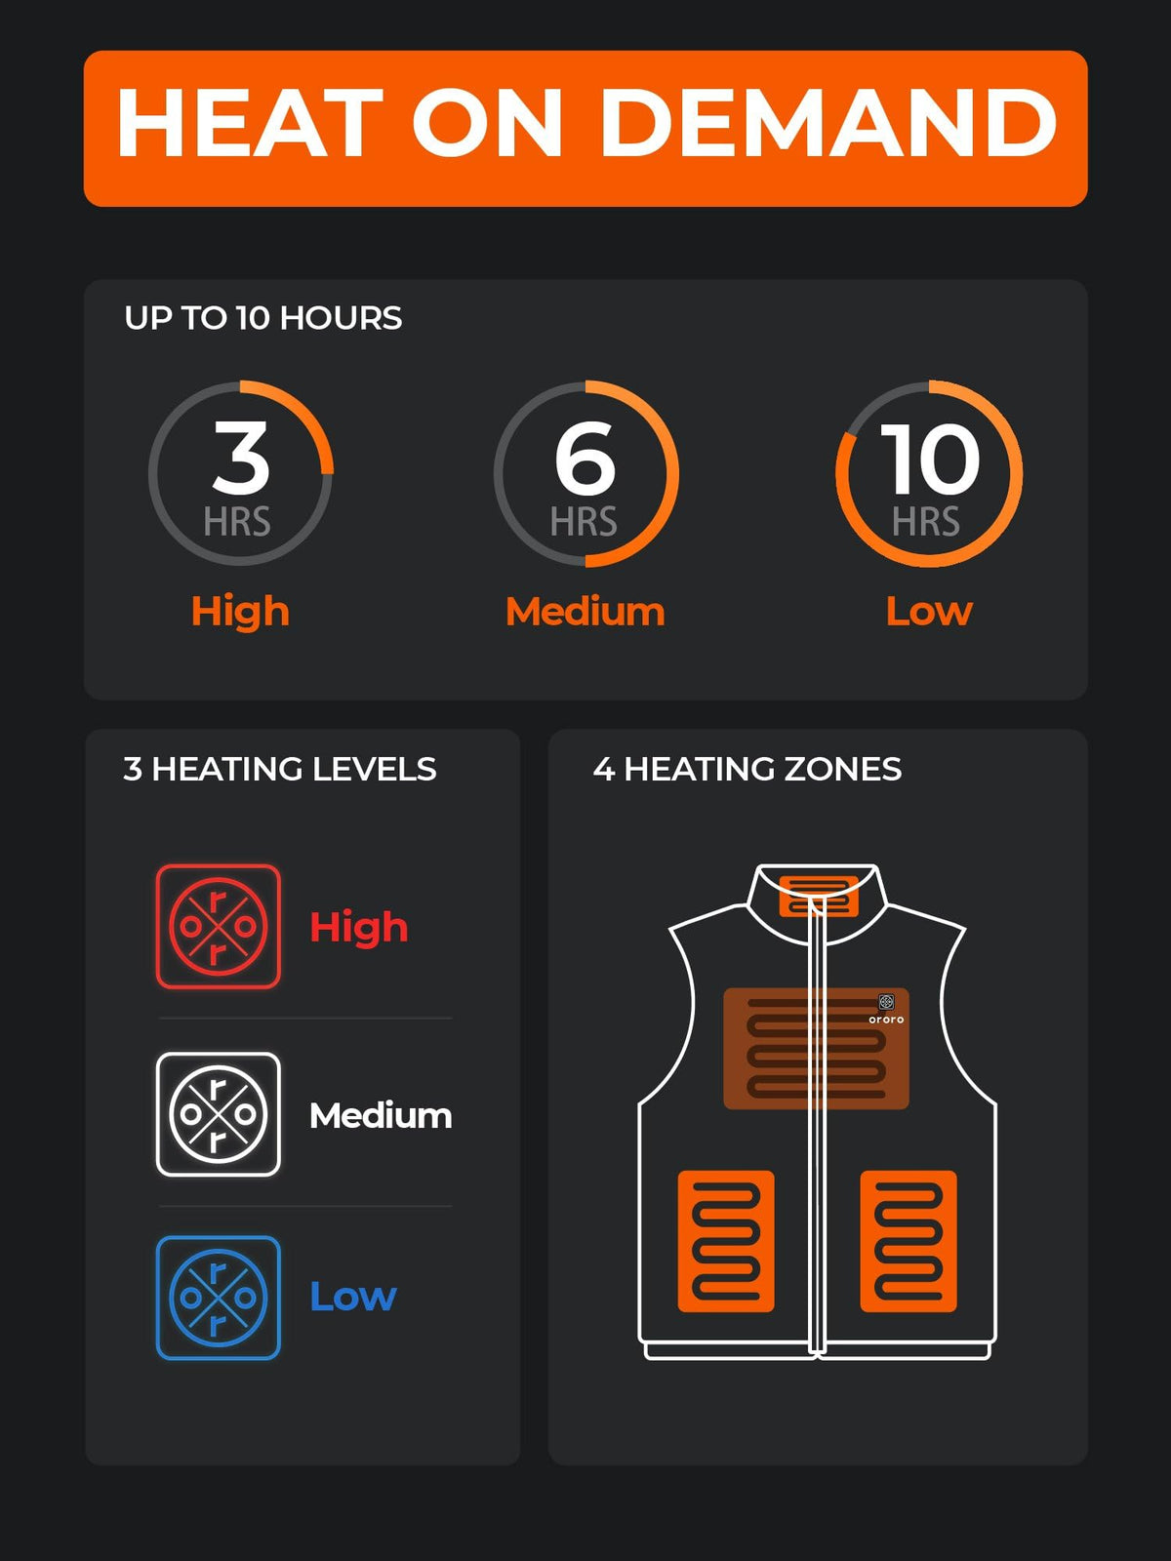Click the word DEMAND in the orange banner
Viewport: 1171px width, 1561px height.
[x=828, y=124]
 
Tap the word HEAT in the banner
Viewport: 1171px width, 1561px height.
[x=250, y=124]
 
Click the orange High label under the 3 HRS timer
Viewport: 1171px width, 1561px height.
[x=240, y=612]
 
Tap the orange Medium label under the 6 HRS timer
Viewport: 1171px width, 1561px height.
[x=585, y=612]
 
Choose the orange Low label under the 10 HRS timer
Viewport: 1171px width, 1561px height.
[x=929, y=612]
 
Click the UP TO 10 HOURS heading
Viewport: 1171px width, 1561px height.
[x=262, y=318]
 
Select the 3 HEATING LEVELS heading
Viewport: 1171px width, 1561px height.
[x=279, y=769]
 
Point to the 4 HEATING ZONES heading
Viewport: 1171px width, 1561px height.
[x=747, y=769]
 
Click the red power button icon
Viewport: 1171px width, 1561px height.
[x=219, y=927]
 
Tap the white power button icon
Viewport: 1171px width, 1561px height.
[x=219, y=1114]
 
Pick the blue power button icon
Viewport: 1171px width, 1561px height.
[x=219, y=1298]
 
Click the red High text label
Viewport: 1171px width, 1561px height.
[x=358, y=927]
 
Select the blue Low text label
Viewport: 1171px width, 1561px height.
[x=352, y=1297]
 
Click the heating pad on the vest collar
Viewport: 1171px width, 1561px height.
[x=818, y=895]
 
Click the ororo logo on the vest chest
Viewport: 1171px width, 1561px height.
[x=886, y=1009]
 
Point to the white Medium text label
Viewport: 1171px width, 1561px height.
[x=381, y=1115]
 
